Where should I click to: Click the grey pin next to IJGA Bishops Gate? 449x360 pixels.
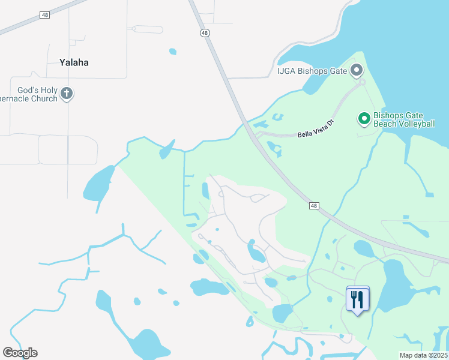pos(357,71)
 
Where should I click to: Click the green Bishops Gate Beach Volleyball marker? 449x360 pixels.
pos(363,118)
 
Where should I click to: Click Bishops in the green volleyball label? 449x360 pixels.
pos(390,115)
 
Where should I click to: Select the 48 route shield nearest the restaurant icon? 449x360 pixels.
pos(314,206)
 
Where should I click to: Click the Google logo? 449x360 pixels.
pos(20,353)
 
